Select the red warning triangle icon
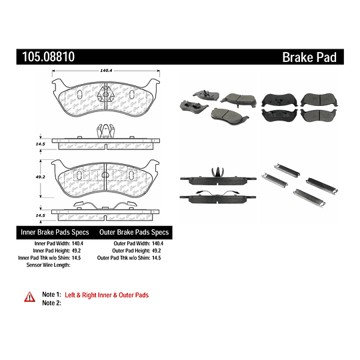click(x=29, y=295)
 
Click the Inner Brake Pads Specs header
click(x=54, y=232)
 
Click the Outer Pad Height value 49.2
click(x=158, y=251)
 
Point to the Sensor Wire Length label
click(x=47, y=265)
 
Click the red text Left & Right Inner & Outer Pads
click(x=107, y=295)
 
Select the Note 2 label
click(x=51, y=303)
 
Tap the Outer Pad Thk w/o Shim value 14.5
click(x=158, y=257)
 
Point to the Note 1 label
click(x=51, y=295)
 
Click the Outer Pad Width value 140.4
click(x=158, y=243)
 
